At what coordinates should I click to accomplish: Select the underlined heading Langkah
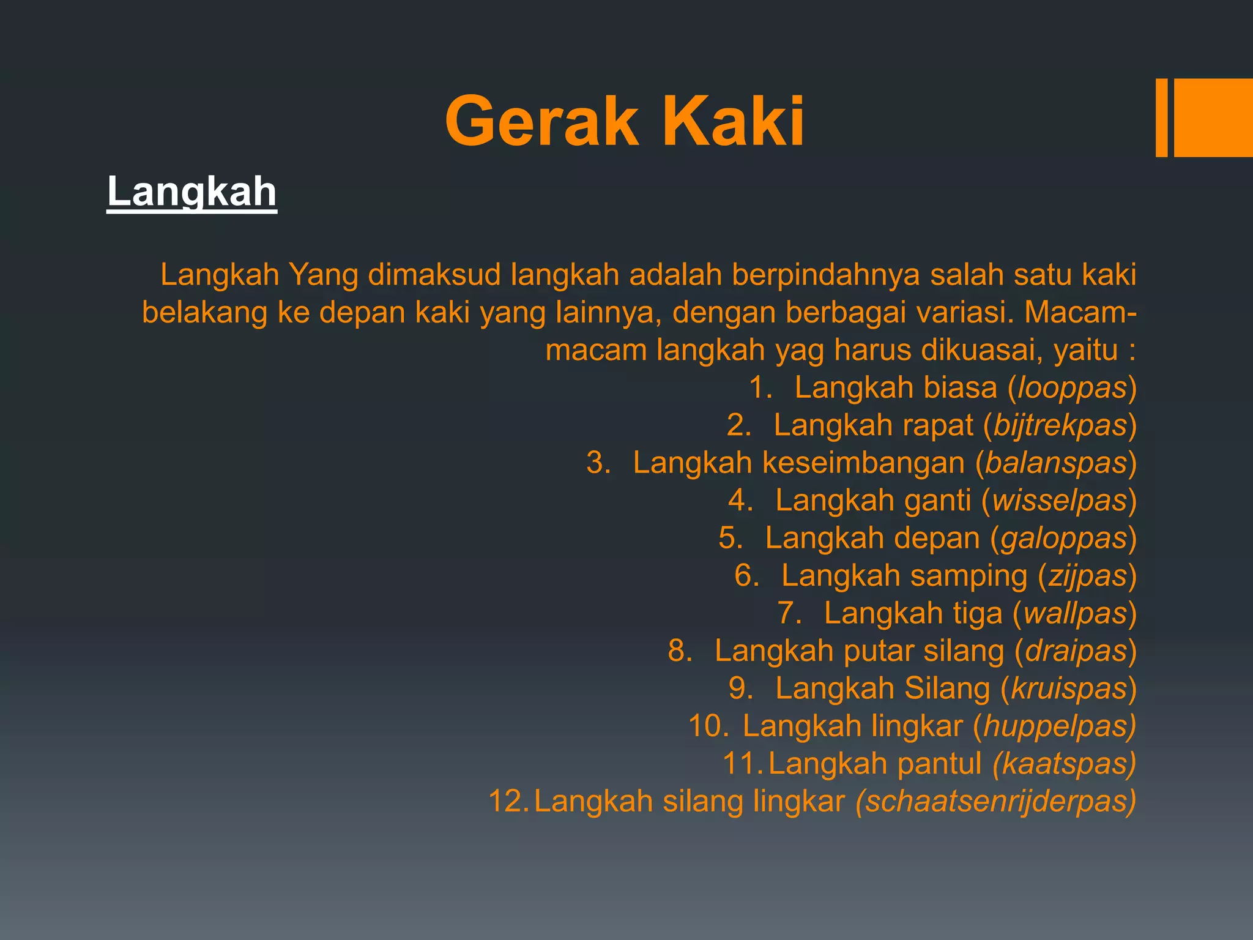(191, 192)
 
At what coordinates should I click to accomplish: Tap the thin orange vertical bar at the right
(1161, 117)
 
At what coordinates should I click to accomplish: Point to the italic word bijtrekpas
(1060, 425)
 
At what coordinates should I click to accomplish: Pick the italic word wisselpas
(1060, 501)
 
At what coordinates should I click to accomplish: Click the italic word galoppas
(1063, 539)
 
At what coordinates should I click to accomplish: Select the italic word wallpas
(1075, 613)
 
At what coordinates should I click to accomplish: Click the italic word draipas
(1076, 651)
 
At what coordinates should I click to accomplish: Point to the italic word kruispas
(1069, 688)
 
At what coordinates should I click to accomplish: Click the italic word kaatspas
(1065, 764)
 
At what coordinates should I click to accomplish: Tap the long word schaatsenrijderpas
(995, 802)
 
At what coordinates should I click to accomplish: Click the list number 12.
(508, 802)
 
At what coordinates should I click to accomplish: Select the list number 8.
(679, 651)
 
